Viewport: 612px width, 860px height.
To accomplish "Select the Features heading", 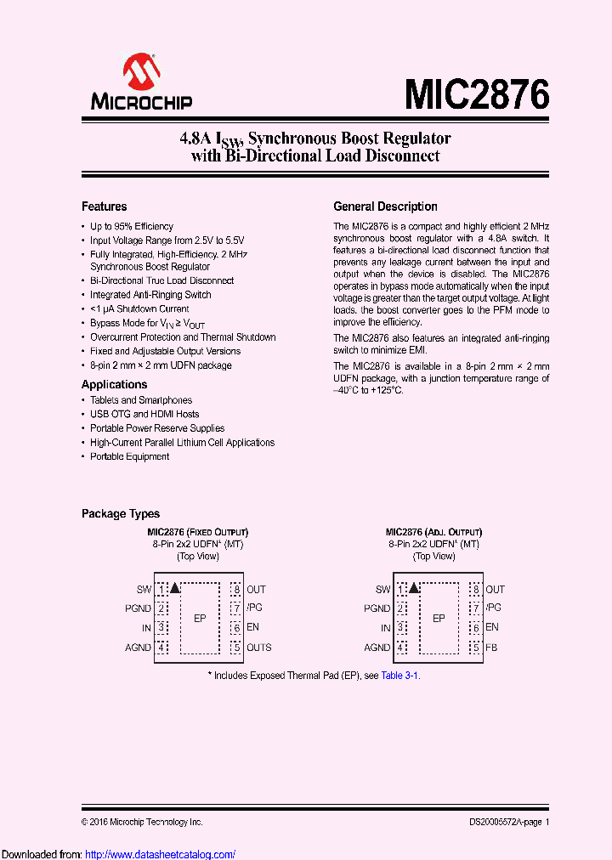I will click(104, 207).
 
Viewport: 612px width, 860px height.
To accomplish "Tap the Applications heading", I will click(114, 384).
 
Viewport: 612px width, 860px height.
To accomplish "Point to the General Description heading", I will click(385, 207).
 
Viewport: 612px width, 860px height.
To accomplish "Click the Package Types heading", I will click(121, 514).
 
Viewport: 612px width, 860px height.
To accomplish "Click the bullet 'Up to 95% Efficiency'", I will click(132, 227).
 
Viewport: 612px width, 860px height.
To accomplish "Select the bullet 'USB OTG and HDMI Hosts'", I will click(144, 414).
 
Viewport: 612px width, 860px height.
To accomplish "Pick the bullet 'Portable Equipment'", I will click(130, 456).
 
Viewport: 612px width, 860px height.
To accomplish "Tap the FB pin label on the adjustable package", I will click(492, 648).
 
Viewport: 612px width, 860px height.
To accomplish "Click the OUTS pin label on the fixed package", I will click(259, 648).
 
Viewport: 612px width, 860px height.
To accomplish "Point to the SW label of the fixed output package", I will click(144, 589).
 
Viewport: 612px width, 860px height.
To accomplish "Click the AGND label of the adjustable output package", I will click(377, 648).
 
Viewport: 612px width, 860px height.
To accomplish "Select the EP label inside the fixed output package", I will click(200, 619).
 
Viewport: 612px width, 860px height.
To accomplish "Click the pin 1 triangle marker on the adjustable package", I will click(414, 587).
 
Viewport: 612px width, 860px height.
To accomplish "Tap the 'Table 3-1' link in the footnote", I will click(399, 676).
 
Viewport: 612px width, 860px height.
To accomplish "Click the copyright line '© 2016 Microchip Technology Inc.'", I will click(142, 822).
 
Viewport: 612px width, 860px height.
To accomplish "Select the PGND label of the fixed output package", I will click(139, 608).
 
